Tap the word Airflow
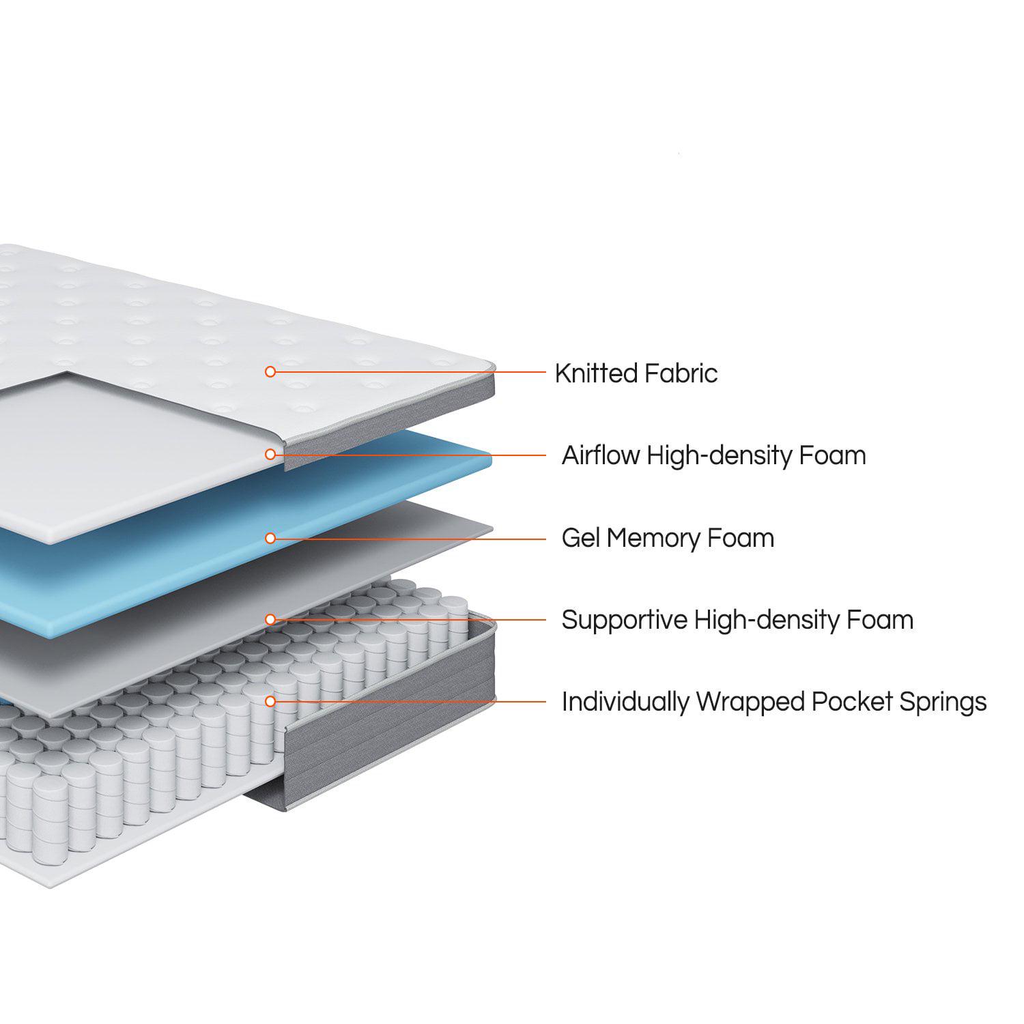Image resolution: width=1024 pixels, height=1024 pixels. tap(600, 455)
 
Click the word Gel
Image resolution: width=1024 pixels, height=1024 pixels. tap(580, 538)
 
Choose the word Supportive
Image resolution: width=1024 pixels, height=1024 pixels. tap(624, 621)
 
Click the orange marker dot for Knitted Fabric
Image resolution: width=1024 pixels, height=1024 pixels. tap(270, 371)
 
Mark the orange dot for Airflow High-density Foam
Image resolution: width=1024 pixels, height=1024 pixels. tap(270, 454)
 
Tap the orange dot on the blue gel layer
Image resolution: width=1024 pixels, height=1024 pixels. tap(270, 538)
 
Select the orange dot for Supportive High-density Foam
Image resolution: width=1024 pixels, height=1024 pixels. tap(270, 619)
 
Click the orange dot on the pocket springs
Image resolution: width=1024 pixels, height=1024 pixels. tap(270, 701)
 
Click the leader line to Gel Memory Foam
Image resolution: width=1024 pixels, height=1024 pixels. tap(410, 539)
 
